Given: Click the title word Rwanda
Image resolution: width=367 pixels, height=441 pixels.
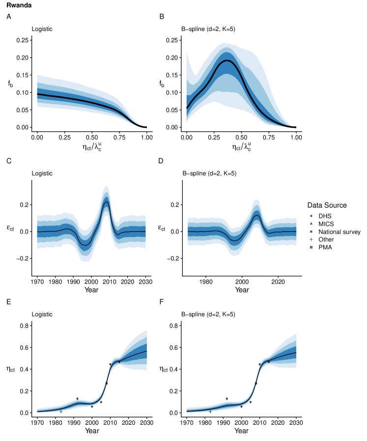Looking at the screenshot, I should click(18, 5).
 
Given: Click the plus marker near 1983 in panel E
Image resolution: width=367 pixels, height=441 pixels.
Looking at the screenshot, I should click(61, 411).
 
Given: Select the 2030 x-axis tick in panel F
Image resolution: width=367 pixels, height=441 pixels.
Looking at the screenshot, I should click(296, 422).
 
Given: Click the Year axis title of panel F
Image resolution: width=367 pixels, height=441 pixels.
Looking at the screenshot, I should click(241, 430).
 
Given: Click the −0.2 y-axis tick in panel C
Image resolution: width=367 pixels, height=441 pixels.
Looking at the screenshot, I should click(22, 258).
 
